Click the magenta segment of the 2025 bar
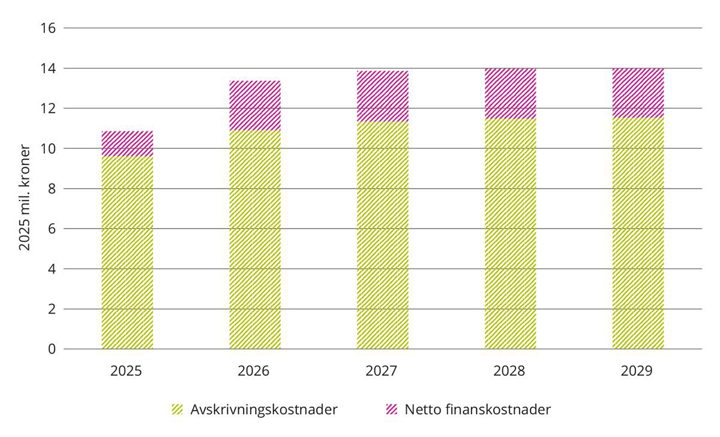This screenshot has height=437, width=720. (x=127, y=143)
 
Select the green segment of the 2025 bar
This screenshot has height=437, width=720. (x=127, y=252)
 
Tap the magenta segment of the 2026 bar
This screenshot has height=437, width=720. (x=255, y=106)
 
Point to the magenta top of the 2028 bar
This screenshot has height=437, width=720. (x=511, y=93)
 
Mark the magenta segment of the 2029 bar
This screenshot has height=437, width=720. (x=638, y=92)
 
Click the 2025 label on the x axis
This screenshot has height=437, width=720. (x=127, y=370)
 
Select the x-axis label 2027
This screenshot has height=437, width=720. (x=382, y=370)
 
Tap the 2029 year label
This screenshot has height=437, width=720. (x=637, y=370)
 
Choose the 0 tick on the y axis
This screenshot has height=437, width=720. (x=52, y=349)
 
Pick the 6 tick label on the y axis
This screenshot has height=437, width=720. (x=52, y=229)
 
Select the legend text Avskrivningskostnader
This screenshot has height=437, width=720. (x=264, y=410)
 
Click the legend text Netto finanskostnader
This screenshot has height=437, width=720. (x=478, y=410)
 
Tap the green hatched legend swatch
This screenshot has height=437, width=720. (x=177, y=410)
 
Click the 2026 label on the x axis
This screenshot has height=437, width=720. (x=254, y=370)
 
